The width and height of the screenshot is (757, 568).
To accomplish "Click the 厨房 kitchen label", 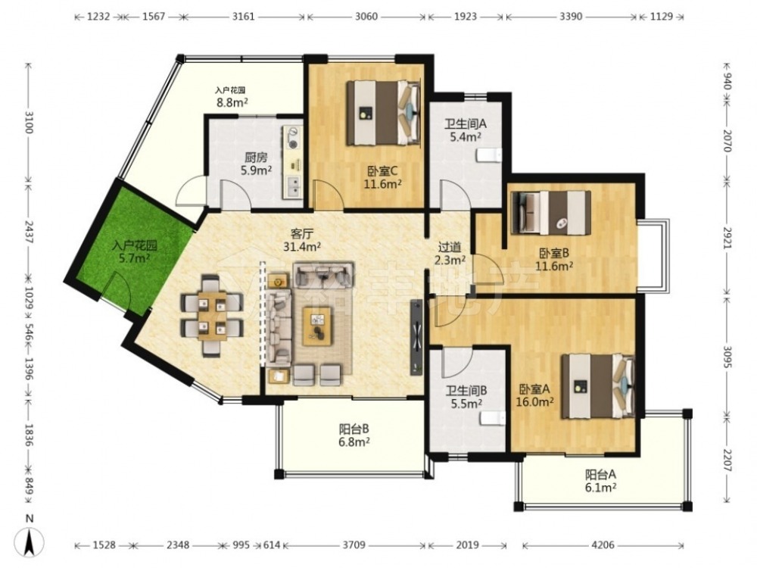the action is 256,158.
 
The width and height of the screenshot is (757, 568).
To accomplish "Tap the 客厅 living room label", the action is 303,234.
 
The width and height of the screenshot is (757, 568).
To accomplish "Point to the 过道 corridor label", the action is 449,248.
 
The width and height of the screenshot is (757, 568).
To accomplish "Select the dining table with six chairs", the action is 212,316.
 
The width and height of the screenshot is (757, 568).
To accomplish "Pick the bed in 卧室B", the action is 551,213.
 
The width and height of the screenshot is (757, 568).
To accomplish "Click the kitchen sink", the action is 293,186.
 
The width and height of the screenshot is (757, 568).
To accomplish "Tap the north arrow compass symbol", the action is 30,542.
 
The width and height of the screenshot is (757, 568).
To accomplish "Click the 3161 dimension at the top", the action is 243,17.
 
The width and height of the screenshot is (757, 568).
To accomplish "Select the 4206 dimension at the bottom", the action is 603,545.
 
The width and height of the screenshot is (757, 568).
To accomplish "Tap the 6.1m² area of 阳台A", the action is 600,487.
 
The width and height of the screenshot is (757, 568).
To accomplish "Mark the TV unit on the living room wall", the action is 416,337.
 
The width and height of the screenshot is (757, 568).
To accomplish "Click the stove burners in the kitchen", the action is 292,137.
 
